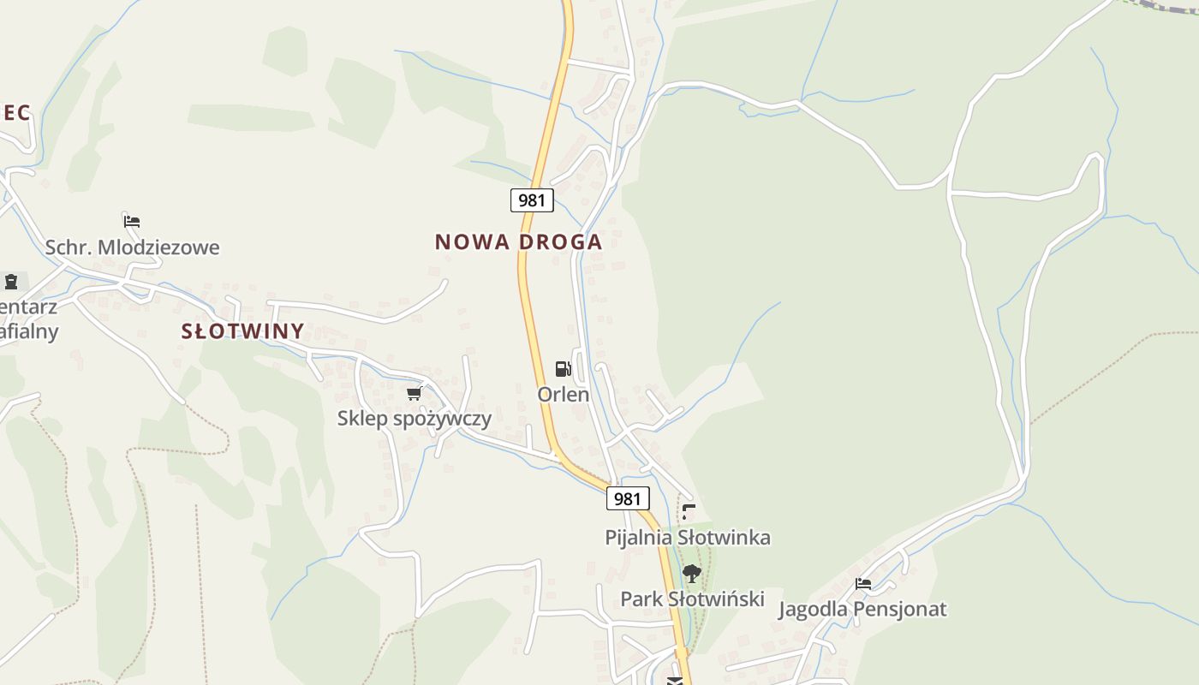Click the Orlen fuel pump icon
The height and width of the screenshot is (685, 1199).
pos(563,369)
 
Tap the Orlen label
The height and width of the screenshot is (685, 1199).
pos(564,395)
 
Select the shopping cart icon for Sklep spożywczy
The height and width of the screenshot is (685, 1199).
pos(415,393)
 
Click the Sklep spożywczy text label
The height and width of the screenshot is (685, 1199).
pos(415,419)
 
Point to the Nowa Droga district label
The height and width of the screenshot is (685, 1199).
pos(518,242)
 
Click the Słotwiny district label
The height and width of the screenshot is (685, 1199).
pos(242,331)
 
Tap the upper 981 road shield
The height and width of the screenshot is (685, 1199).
pos(532,200)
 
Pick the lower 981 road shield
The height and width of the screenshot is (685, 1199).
pos(628,498)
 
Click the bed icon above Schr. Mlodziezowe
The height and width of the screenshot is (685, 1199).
pos(131,221)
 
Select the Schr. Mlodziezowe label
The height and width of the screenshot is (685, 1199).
pos(133,247)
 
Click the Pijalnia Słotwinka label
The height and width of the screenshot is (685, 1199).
pos(688,538)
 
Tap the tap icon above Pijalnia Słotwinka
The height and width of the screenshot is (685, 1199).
pos(689,512)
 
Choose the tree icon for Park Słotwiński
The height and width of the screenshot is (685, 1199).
pos(691,573)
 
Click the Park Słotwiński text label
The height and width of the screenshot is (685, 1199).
pos(692,599)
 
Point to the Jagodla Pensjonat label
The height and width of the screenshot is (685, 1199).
pos(862,610)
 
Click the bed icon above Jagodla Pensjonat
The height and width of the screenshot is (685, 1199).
pos(863,584)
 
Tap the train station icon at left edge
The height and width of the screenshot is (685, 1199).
pos(11,281)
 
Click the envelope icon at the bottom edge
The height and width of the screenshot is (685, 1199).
pos(675,682)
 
